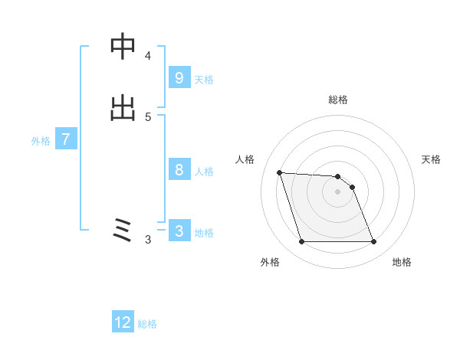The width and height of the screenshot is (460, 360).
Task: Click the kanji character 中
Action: (123, 47)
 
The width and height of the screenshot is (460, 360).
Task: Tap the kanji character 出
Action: (123, 108)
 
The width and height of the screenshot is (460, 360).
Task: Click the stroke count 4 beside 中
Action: (148, 56)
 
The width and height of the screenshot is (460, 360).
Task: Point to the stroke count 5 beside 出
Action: (148, 117)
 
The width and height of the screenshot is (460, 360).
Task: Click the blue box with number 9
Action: (179, 77)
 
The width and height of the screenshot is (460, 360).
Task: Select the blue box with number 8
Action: (179, 169)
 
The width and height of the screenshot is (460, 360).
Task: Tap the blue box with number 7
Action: (66, 139)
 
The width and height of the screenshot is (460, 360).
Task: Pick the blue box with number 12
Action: (123, 322)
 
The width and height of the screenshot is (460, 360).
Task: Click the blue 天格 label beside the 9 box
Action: (204, 79)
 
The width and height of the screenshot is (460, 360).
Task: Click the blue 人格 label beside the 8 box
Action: (204, 171)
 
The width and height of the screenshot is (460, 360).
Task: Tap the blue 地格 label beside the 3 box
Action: (204, 232)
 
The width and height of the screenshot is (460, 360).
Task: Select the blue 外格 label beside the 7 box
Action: (41, 141)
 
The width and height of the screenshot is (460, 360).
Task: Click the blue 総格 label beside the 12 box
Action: (147, 324)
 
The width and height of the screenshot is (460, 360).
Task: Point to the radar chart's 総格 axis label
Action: (338, 100)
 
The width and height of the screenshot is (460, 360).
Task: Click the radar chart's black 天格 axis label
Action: (431, 159)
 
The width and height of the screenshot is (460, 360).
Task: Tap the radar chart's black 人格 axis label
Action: (245, 159)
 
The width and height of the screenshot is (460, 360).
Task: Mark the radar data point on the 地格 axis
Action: (374, 242)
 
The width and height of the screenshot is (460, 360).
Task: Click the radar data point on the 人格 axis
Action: (280, 172)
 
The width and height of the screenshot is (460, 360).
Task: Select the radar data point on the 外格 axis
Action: (301, 242)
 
